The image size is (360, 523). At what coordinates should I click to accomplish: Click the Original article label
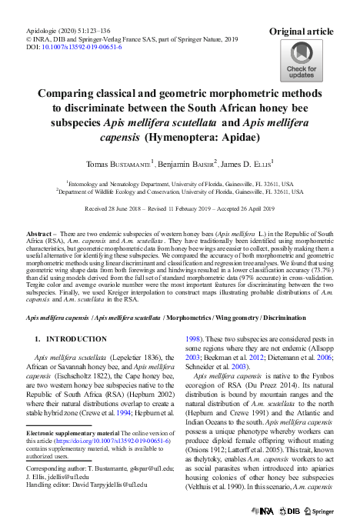point(301,32)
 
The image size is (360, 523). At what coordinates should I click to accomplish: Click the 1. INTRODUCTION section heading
point(71,338)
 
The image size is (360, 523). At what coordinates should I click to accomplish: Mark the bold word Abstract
point(41,232)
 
